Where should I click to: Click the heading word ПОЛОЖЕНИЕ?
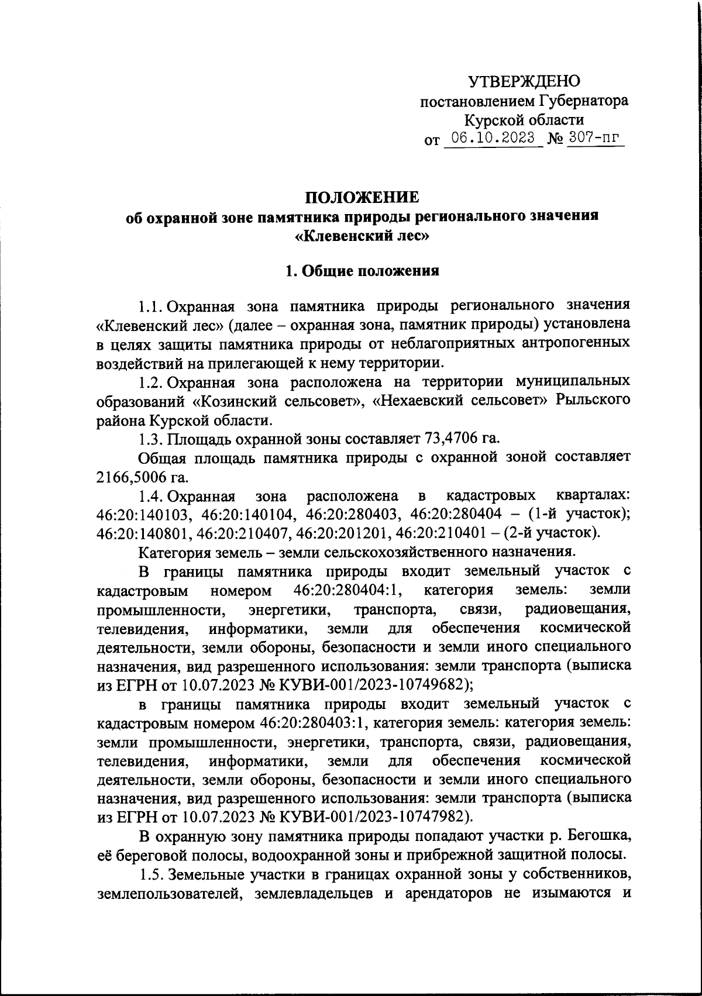[x=363, y=197]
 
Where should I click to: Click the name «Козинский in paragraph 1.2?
[x=226, y=401]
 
